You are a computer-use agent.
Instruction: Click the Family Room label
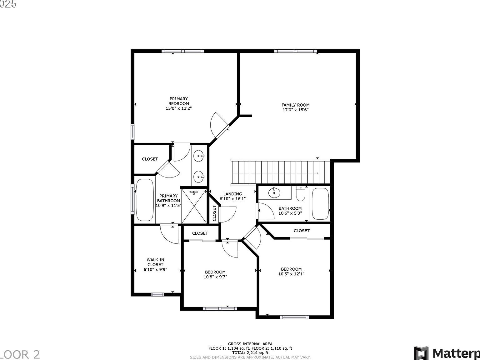click(295, 105)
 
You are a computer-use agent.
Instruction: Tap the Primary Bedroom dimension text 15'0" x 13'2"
click(178, 108)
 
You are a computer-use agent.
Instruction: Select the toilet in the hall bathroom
click(301, 194)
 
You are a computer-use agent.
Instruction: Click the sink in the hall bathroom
click(274, 192)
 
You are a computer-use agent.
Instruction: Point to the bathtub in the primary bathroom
click(145, 200)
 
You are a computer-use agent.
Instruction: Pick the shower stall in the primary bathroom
click(194, 205)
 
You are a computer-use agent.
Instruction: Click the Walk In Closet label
click(155, 262)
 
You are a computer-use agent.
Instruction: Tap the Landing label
click(232, 194)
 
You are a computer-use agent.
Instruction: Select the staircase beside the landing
click(281, 172)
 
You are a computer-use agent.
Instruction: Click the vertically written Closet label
click(214, 213)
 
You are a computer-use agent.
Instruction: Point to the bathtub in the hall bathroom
click(321, 204)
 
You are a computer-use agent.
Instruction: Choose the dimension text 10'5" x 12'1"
click(291, 274)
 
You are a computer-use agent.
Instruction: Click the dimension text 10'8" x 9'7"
click(215, 277)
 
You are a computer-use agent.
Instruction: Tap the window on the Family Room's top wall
click(296, 51)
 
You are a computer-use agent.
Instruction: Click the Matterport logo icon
click(422, 353)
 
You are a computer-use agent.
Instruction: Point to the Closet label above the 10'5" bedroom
click(302, 231)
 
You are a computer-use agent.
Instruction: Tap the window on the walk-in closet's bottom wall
click(157, 294)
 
